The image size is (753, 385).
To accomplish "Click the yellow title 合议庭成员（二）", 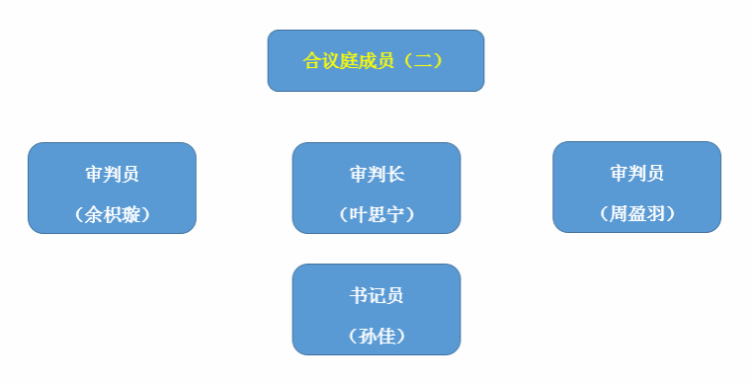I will pyautogui.click(x=376, y=61).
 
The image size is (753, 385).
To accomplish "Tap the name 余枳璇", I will pyautogui.click(x=112, y=214).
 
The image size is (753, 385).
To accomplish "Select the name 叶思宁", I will pyautogui.click(x=376, y=214).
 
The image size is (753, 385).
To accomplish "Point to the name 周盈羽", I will pyautogui.click(x=636, y=213).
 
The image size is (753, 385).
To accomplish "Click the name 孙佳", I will pyautogui.click(x=376, y=336).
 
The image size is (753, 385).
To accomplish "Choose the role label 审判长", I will pyautogui.click(x=376, y=175).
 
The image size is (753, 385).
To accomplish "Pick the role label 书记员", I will pyautogui.click(x=376, y=296).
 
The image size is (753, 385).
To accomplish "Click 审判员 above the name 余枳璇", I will pyautogui.click(x=112, y=175).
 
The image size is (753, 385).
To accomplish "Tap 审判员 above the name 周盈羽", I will pyautogui.click(x=636, y=174).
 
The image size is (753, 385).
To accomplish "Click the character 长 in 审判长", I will pyautogui.click(x=395, y=175).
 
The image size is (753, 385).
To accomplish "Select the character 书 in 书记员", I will pyautogui.click(x=359, y=296).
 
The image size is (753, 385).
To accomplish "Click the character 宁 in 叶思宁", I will pyautogui.click(x=394, y=214).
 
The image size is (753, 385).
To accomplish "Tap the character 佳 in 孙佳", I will pyautogui.click(x=385, y=336).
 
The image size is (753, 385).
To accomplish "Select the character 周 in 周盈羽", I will pyautogui.click(x=619, y=213).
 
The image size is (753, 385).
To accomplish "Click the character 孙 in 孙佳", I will pyautogui.click(x=368, y=336).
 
